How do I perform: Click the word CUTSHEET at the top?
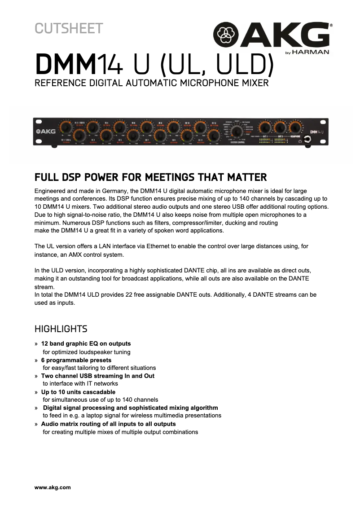[69, 28]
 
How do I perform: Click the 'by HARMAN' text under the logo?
[307, 52]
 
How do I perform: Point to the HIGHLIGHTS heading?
[61, 329]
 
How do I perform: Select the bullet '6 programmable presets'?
[76, 360]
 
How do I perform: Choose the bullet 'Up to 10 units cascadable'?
[78, 392]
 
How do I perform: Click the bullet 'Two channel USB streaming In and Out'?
[97, 376]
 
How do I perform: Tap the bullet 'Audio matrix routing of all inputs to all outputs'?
[108, 424]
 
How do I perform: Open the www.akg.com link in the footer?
[53, 487]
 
